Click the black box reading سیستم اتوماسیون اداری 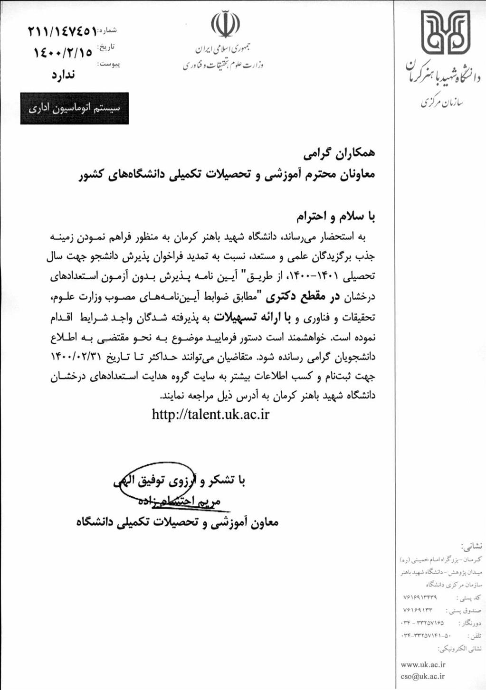[x=74, y=108]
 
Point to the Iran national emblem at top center [x=225, y=25]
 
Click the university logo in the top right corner [x=446, y=33]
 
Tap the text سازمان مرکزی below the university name [x=442, y=102]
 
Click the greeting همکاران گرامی [x=339, y=154]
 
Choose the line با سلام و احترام [x=336, y=217]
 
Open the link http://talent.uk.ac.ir [x=210, y=415]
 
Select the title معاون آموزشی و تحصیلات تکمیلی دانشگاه [x=177, y=522]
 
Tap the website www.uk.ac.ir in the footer [x=423, y=664]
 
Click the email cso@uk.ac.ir [x=423, y=676]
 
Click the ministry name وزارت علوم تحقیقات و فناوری [x=223, y=65]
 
